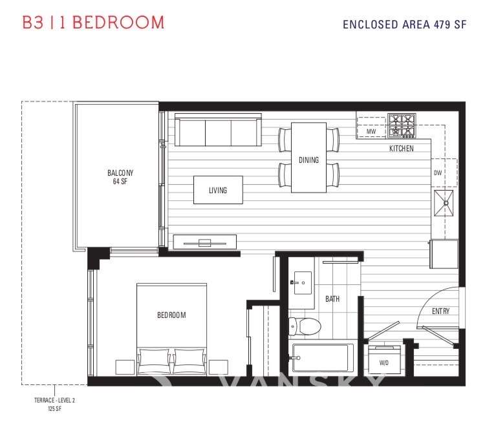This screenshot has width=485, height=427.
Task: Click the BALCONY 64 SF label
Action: (x=120, y=177)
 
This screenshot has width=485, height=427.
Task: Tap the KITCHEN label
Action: (x=401, y=149)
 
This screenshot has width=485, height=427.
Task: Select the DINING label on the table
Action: (x=308, y=160)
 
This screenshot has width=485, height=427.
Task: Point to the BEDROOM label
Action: (x=171, y=315)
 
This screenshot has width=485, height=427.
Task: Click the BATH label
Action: (x=332, y=299)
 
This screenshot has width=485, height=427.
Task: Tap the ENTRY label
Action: (x=441, y=311)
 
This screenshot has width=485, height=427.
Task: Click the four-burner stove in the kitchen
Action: (x=402, y=126)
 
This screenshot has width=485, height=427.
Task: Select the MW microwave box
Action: (x=371, y=131)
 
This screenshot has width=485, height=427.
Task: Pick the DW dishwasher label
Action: (x=438, y=172)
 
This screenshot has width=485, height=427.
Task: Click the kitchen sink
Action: (x=444, y=203)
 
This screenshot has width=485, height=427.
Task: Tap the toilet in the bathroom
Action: (x=305, y=326)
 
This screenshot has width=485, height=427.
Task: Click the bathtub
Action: (x=321, y=358)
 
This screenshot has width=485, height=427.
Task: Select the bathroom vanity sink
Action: (x=303, y=283)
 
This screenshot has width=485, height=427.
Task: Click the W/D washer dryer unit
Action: (x=384, y=359)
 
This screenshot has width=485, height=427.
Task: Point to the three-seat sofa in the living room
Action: (x=218, y=130)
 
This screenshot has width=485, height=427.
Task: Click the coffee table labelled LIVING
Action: (x=218, y=190)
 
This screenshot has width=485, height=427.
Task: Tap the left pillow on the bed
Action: (x=154, y=360)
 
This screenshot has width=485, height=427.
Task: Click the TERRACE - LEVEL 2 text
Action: (x=54, y=400)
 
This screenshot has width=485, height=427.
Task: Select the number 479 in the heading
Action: (x=442, y=25)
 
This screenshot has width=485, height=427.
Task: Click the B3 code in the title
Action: (x=33, y=22)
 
